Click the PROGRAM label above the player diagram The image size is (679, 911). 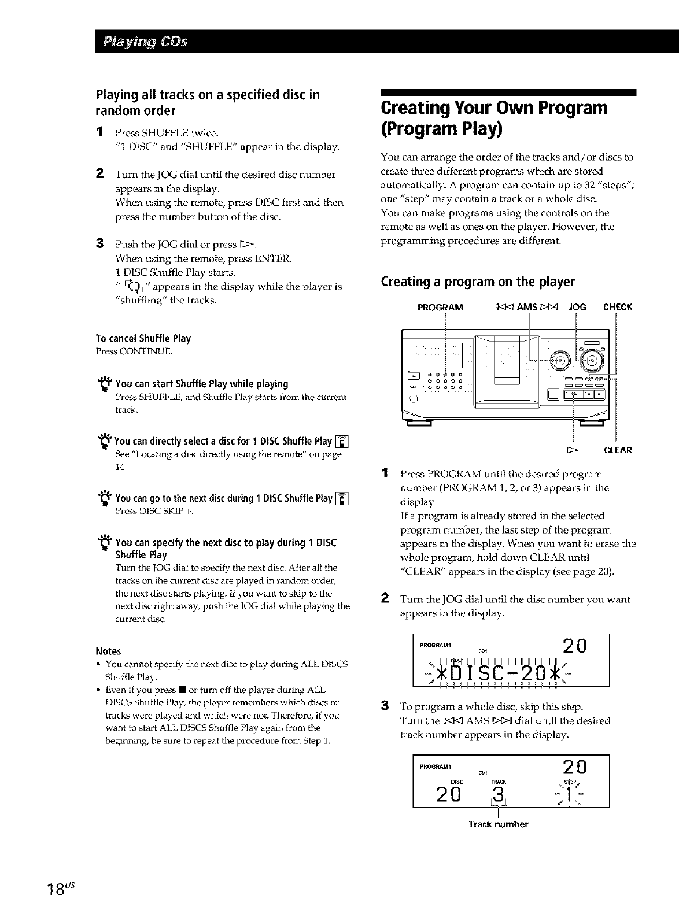click(x=440, y=307)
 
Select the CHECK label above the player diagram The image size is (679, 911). click(x=617, y=307)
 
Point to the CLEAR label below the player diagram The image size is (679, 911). click(x=618, y=450)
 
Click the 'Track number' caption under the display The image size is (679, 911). click(x=498, y=824)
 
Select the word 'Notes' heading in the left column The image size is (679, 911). click(x=108, y=651)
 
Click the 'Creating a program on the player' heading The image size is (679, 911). click(x=478, y=282)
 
